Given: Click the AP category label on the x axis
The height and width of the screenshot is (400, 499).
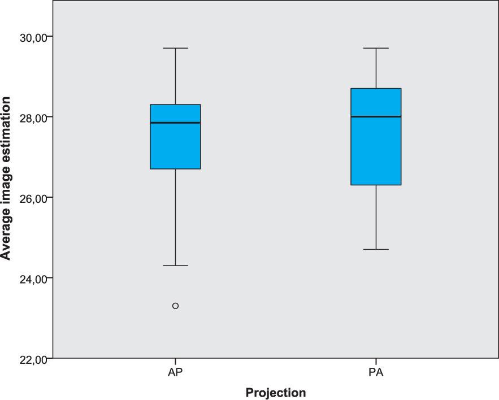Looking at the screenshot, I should coord(175,373).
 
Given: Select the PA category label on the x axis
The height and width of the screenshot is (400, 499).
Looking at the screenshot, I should coord(376,373).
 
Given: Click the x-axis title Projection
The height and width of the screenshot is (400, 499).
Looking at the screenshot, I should coord(276,393).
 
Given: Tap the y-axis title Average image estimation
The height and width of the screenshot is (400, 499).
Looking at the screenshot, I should coord(7,178).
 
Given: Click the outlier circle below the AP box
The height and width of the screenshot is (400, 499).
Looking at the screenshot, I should coord(175,306).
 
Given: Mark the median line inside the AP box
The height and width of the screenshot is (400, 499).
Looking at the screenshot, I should coord(175,123).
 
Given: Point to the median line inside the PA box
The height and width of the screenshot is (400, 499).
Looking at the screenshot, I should coord(376,116).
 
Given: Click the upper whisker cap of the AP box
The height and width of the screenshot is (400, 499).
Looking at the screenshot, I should coord(175,48).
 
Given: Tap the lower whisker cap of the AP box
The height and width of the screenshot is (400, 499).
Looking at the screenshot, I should coord(175,266).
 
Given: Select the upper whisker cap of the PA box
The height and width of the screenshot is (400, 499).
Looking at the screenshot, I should coord(376,48).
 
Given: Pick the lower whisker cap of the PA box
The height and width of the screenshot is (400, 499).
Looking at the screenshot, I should coord(376,249).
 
